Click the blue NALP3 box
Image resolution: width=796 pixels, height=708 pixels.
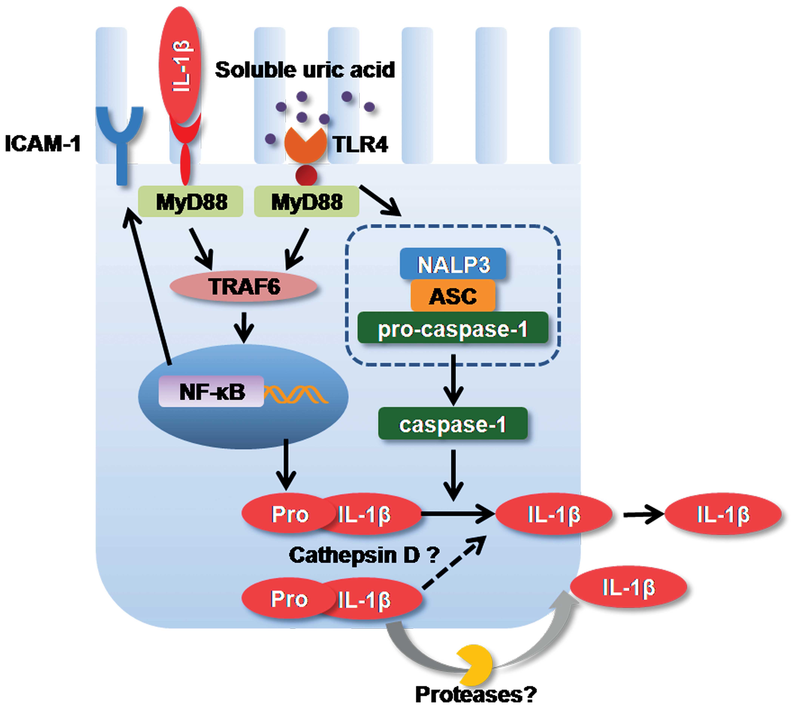[453, 264]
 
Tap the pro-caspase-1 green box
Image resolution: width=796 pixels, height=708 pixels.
[453, 328]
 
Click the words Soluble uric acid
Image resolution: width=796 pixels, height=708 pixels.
[305, 70]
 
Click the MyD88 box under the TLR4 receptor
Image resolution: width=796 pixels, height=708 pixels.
[306, 201]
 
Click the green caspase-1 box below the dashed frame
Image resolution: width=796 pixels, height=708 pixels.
[453, 423]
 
